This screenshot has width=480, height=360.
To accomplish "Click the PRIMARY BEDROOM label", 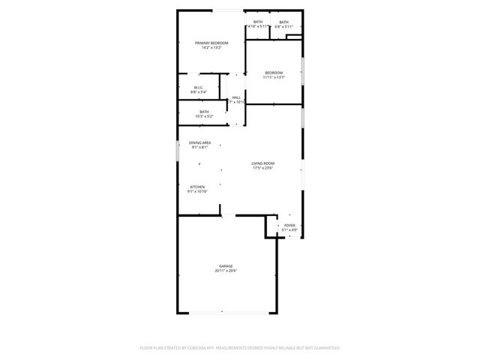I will (211, 43).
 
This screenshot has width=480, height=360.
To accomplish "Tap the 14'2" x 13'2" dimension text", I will (211, 48).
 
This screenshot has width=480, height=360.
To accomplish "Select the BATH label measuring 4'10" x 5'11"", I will (258, 22).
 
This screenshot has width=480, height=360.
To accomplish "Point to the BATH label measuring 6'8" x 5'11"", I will (283, 22).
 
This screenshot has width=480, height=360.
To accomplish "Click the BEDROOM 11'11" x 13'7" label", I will (273, 73).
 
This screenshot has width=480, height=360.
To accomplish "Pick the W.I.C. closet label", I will (198, 88).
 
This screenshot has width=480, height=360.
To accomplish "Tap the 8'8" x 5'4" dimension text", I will (198, 92).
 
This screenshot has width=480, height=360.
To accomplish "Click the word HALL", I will (236, 97).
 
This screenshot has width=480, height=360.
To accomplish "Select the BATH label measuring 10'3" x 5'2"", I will (204, 112).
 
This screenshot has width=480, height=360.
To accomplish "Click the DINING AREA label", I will (199, 142).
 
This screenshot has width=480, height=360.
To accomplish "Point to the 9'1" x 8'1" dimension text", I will (199, 147).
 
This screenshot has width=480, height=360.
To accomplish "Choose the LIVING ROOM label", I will (262, 163).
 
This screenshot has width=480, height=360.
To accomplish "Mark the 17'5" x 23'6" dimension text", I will (262, 168).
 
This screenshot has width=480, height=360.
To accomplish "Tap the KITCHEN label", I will (197, 187).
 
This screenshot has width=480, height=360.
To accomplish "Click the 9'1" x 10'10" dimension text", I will (197, 191).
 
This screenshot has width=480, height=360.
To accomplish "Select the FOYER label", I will (289, 225).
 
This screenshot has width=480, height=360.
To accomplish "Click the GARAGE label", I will (225, 265).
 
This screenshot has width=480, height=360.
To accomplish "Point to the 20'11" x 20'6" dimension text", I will (225, 270).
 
